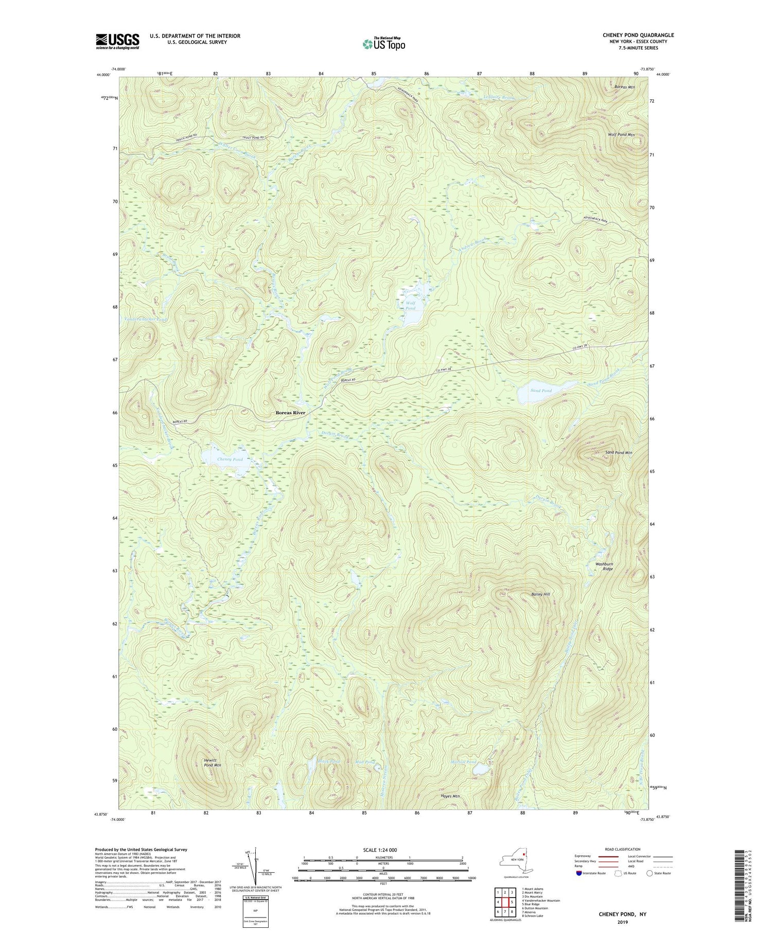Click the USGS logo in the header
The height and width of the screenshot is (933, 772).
click(x=117, y=41)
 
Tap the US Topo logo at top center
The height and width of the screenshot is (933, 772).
click(x=383, y=44)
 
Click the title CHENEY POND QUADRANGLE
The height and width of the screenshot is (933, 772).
click(x=638, y=35)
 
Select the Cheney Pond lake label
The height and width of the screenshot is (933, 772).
click(x=230, y=459)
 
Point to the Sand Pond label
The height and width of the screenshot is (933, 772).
click(x=541, y=391)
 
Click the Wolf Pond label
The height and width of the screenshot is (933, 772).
click(x=410, y=306)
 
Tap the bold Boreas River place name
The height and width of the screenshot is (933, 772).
click(x=290, y=413)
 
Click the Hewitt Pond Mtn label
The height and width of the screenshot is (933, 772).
click(x=212, y=763)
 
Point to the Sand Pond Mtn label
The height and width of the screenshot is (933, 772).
click(x=618, y=452)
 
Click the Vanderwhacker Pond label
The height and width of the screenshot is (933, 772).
click(x=146, y=320)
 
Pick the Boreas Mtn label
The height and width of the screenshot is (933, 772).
click(x=624, y=87)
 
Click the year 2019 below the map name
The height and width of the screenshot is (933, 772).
click(x=623, y=917)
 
